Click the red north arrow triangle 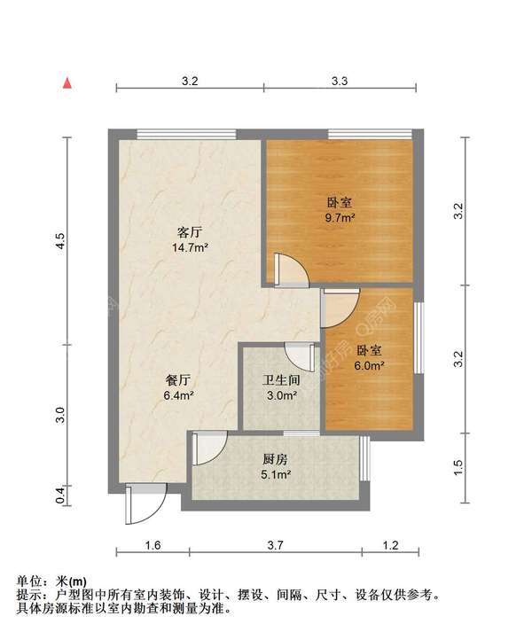[67, 83]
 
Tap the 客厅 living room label [190, 232]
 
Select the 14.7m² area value [191, 247]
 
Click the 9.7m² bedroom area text [340, 217]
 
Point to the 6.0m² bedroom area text [369, 366]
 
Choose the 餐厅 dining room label [178, 380]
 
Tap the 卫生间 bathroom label [281, 380]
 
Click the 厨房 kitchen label [275, 459]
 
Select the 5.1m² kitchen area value [276, 474]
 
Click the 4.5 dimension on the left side [60, 241]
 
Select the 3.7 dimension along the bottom [276, 545]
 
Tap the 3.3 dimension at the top [340, 82]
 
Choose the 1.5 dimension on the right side [458, 467]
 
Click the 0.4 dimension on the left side [60, 496]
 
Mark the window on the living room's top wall [186, 134]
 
